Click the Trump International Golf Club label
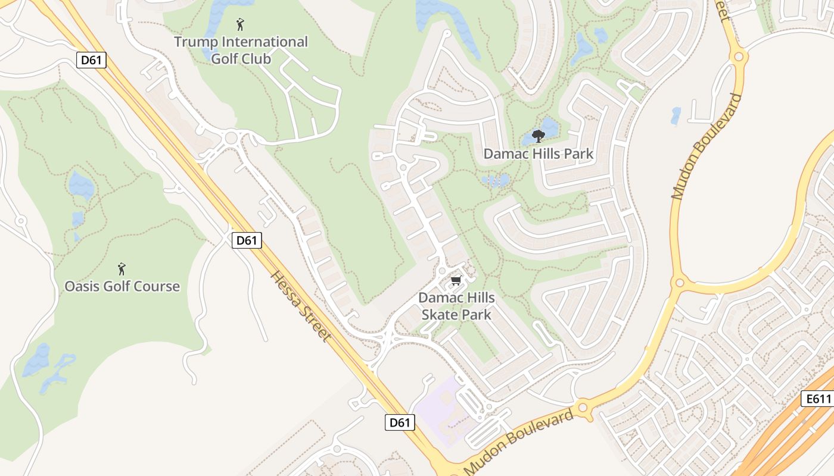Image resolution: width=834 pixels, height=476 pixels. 241,50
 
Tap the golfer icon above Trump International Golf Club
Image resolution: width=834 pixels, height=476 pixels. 240,24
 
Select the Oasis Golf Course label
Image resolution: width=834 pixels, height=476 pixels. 122,286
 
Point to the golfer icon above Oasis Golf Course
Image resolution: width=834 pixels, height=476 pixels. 122,269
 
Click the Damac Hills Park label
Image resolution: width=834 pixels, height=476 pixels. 538,154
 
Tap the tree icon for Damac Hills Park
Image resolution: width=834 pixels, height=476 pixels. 538,136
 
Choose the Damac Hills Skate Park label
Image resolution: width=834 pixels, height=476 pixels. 456,306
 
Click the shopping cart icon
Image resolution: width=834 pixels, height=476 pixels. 456,280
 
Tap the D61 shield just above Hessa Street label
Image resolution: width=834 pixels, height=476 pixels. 246,240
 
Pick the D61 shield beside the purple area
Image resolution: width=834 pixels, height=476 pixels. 399,422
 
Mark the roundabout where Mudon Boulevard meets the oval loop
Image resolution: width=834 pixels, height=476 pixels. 678,282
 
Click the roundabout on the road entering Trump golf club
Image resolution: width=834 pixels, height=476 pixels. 232,139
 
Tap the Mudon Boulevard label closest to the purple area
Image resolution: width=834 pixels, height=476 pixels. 518,440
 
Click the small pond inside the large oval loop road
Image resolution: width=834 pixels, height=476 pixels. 675,115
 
